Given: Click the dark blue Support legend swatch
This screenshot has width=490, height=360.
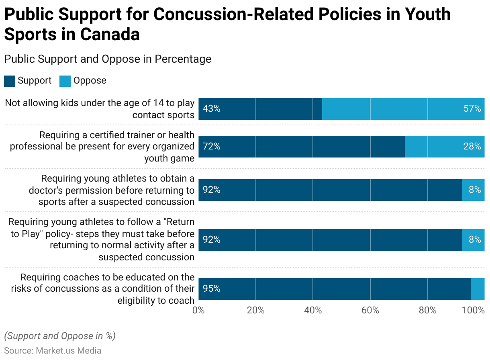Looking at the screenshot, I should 10,81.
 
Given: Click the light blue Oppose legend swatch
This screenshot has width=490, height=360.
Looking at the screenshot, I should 65,81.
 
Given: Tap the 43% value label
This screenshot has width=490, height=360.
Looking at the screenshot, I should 211,108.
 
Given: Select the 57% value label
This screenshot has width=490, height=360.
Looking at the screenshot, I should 472,108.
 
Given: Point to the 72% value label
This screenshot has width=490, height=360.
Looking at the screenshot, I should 211,146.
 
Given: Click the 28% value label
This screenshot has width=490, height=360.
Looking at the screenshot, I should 472,146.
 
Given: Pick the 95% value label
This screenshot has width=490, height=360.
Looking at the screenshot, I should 211,288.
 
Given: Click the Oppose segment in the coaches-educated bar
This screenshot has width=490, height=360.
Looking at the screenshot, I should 478,288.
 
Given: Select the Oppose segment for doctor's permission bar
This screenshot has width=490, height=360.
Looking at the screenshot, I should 473,190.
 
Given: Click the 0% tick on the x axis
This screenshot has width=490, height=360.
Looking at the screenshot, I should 198,310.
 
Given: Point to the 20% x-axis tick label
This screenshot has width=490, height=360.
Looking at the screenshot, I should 256,310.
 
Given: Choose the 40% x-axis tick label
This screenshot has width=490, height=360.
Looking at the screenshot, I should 313,310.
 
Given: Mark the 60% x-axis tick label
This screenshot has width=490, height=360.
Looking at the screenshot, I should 370,310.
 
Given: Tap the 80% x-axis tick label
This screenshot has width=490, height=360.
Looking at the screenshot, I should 427,310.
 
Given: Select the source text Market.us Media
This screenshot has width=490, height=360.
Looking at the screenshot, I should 68,350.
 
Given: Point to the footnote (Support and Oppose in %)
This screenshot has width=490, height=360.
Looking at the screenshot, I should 59,336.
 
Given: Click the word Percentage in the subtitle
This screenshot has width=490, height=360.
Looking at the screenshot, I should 183,59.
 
